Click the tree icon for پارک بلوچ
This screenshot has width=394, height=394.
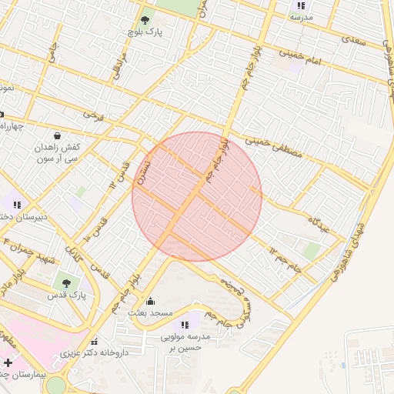pos(145,20)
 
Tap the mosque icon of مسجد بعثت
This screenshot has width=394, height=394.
pos(149,302)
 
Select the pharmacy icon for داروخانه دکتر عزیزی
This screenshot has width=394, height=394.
pos(94,342)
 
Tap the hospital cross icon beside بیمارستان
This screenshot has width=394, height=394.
pos(8,362)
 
